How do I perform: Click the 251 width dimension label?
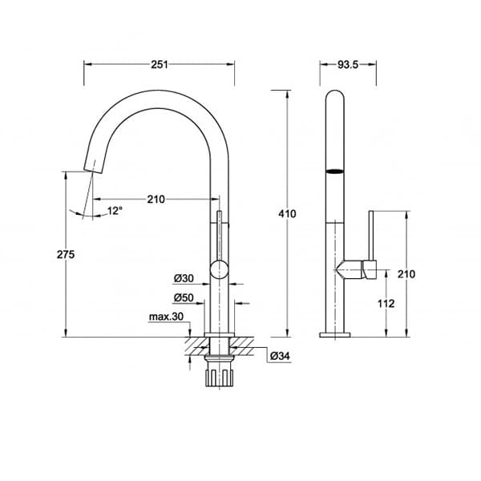click(160, 64)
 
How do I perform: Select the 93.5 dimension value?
click(348, 64)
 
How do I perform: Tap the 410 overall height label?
click(287, 213)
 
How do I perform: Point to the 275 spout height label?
click(66, 254)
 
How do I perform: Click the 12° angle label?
click(115, 211)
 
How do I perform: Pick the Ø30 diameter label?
click(184, 278)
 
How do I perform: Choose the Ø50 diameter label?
click(184, 297)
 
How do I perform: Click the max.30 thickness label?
click(166, 317)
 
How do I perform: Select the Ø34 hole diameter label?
click(280, 356)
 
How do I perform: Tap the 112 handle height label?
click(386, 304)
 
